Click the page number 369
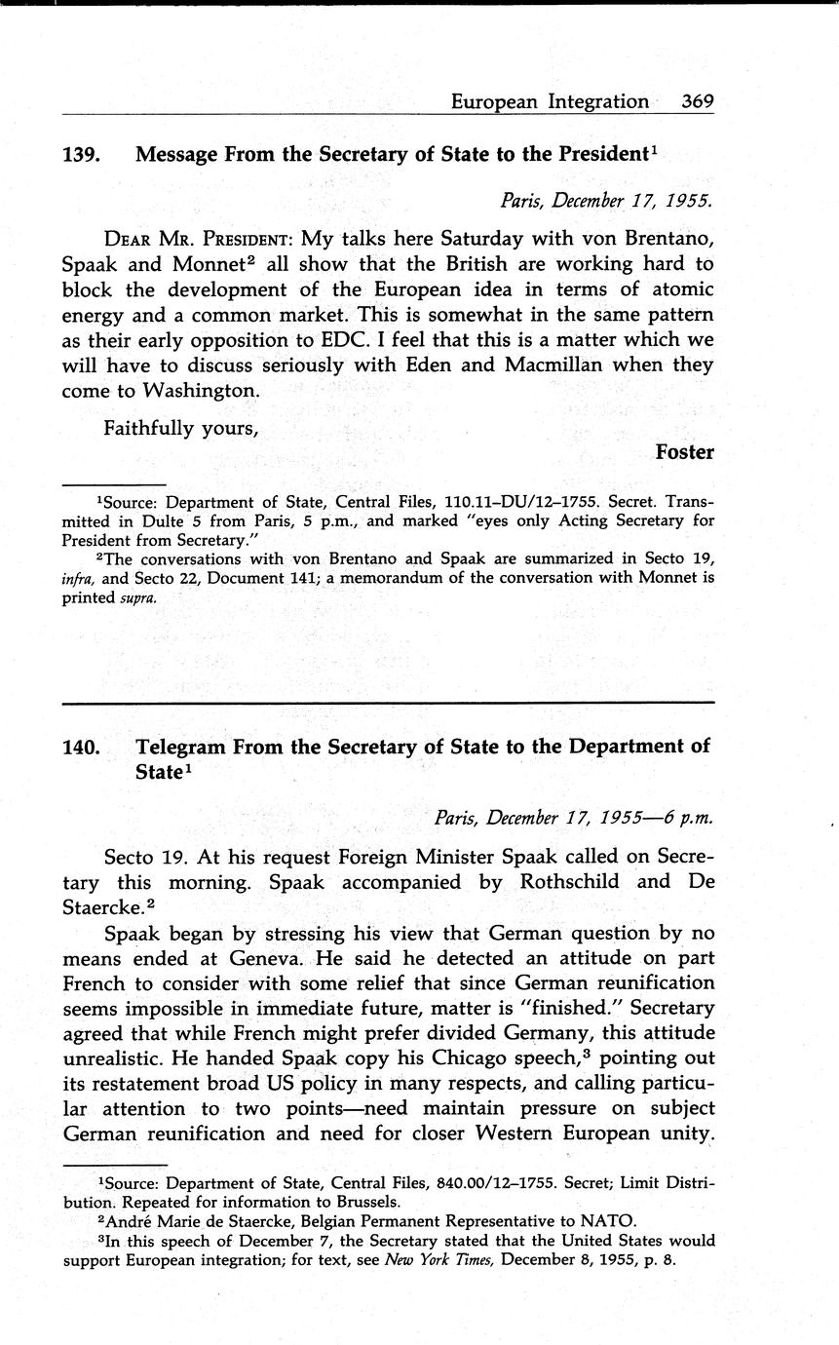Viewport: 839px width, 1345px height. pos(699,101)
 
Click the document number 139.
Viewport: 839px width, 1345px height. pos(80,154)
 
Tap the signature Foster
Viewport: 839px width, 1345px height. pos(684,452)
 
